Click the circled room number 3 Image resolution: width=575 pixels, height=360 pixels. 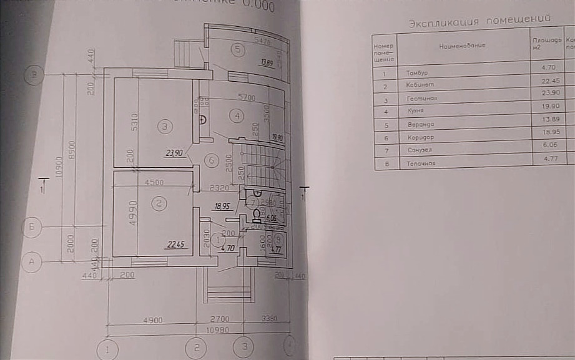(164, 127)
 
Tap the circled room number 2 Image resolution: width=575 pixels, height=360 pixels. (159, 203)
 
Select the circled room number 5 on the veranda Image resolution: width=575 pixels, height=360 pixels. (237, 50)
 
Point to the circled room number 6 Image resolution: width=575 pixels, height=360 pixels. (212, 160)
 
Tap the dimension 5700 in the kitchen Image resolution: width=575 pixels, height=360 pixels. (248, 98)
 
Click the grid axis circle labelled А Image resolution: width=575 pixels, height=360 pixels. (32, 263)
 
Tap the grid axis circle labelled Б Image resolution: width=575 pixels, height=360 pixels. (32, 226)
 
